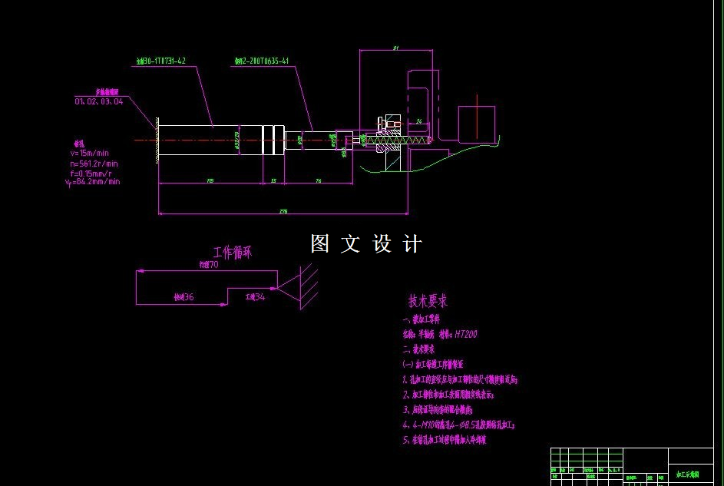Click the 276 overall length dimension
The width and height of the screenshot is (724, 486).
click(283, 210)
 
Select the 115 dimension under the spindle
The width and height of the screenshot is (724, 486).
click(210, 180)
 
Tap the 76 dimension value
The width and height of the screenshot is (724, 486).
click(318, 180)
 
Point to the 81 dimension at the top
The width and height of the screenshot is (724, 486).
click(395, 48)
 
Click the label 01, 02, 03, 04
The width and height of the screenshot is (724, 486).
click(98, 101)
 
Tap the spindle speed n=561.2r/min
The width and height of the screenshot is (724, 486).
click(94, 163)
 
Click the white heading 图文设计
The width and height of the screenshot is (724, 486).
click(366, 244)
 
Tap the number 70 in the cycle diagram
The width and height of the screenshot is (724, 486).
click(213, 264)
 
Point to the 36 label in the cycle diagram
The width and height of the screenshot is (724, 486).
click(188, 296)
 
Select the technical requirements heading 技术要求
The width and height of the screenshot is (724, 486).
click(428, 301)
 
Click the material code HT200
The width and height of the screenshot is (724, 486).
click(466, 334)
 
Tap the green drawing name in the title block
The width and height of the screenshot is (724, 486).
click(687, 475)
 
